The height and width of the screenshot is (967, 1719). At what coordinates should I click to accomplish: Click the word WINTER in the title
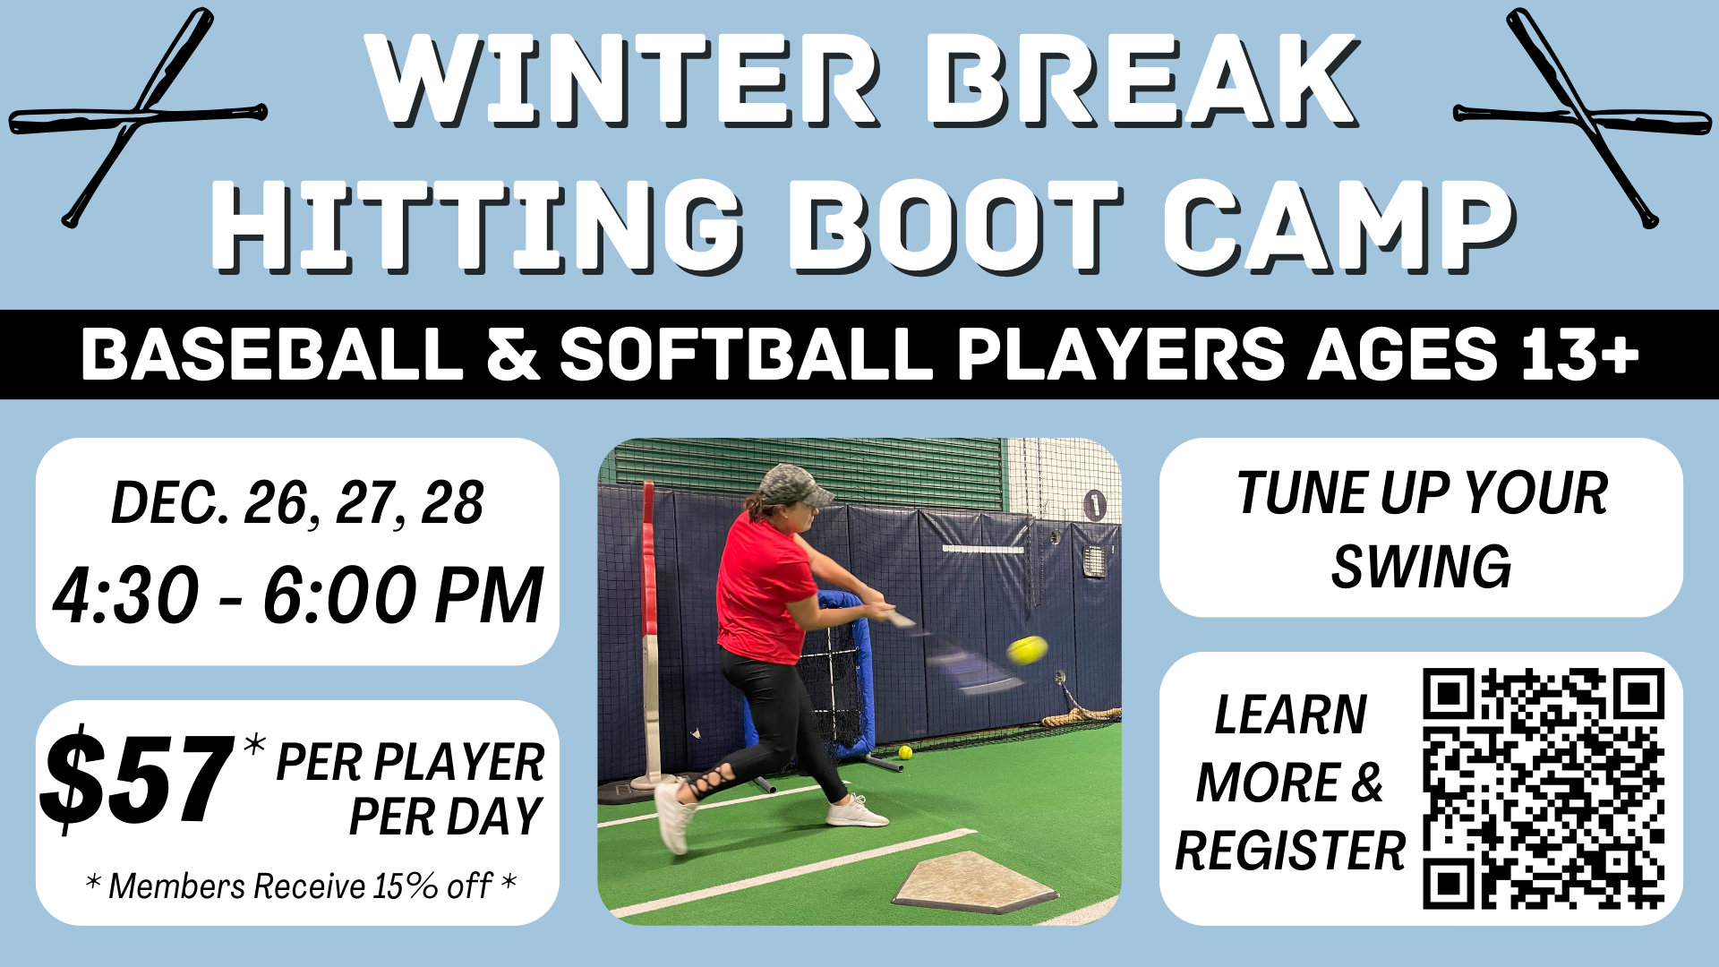[x=624, y=81]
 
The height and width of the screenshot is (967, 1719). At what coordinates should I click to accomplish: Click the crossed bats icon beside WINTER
[x=138, y=117]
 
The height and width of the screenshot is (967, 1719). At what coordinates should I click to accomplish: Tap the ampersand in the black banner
[x=513, y=354]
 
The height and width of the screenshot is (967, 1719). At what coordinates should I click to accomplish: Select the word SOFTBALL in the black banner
[x=747, y=354]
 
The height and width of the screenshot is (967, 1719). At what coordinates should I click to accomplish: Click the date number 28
[x=453, y=503]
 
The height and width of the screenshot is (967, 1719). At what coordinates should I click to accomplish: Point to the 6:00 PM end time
[x=403, y=595]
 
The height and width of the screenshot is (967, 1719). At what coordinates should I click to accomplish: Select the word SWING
[x=1421, y=567]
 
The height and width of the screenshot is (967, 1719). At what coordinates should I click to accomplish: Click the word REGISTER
[x=1290, y=851]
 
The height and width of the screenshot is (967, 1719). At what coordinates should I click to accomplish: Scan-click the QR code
[x=1544, y=789]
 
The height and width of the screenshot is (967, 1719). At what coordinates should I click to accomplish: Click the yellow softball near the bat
[x=1027, y=649]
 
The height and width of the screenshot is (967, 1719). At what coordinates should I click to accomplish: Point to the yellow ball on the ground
[x=905, y=752]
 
